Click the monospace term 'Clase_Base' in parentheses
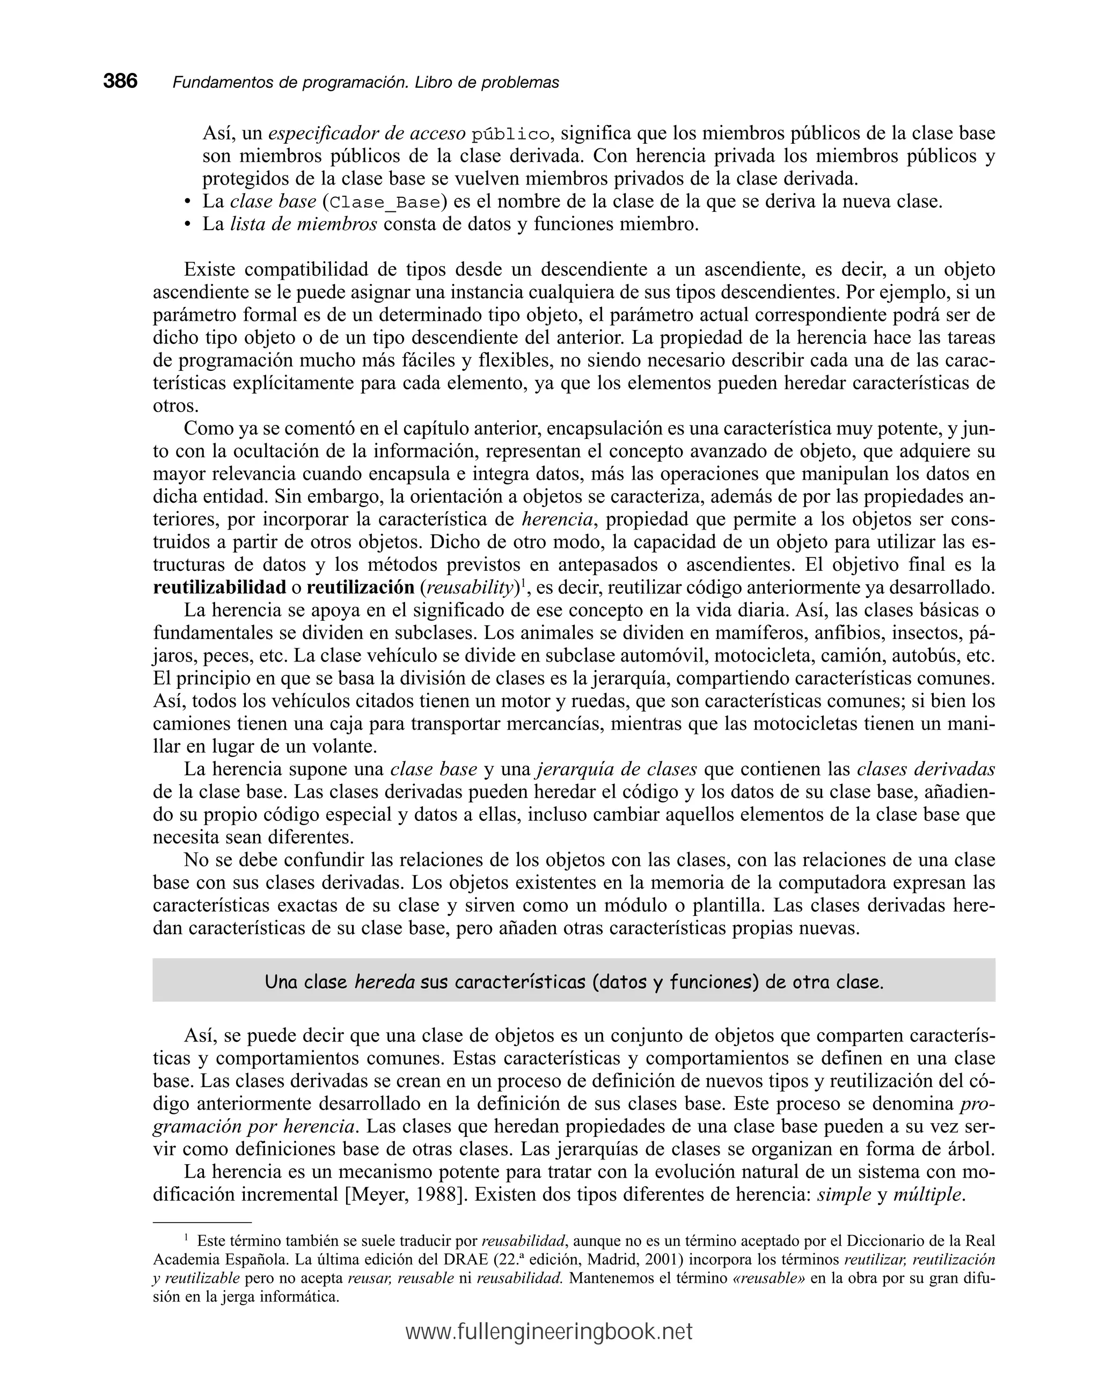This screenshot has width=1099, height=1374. pos(385,203)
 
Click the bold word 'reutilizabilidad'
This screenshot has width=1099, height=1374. pos(219,587)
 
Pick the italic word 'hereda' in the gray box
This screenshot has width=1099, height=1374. pos(384,982)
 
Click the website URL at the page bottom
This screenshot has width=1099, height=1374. pos(549,1332)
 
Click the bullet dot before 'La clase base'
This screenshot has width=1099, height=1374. pos(187,203)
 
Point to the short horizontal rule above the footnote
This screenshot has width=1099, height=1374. pos(202,1222)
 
